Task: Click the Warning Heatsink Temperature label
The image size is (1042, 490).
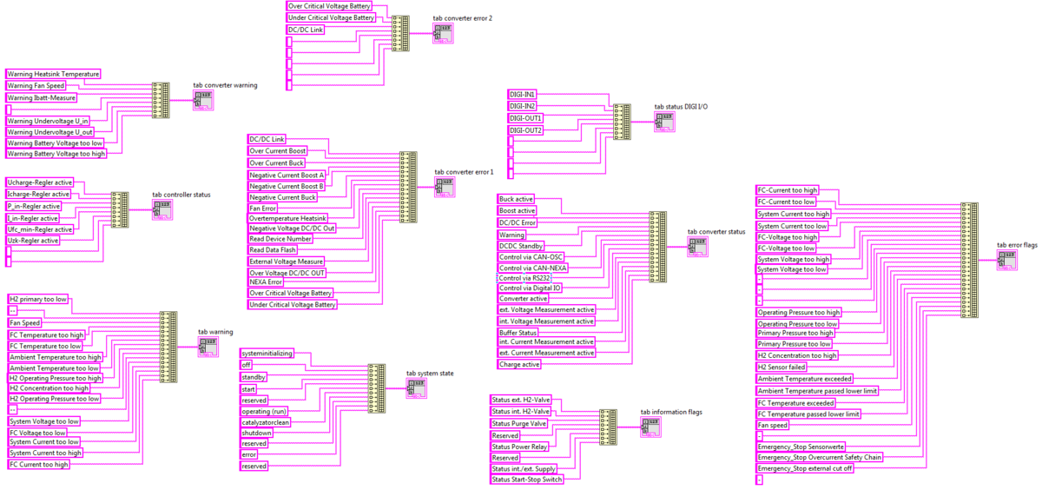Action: (53, 74)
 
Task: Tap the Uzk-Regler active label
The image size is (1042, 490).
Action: (33, 240)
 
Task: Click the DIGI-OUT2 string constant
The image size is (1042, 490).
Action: (525, 130)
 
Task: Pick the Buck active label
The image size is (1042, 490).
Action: (517, 199)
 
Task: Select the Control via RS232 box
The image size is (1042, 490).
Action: (526, 278)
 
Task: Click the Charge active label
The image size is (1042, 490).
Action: (519, 365)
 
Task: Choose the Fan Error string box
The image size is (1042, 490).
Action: (264, 208)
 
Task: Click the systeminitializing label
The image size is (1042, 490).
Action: (267, 354)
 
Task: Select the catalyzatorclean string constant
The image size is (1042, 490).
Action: (266, 421)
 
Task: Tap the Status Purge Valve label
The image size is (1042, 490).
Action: (519, 423)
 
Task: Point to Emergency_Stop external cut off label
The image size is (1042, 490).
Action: (805, 468)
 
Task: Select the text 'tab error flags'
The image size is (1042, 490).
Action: (1017, 246)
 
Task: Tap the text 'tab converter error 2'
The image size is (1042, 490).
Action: (463, 17)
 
